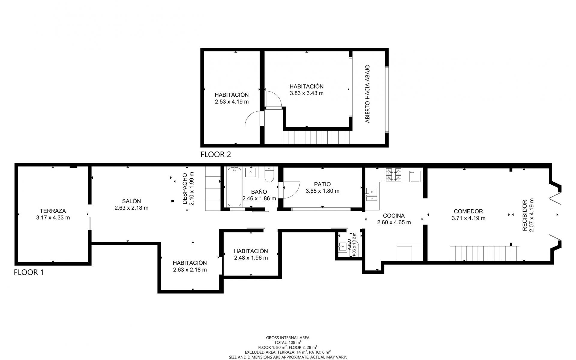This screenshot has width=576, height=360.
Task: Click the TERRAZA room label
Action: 53,211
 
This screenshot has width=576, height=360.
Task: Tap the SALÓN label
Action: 131,201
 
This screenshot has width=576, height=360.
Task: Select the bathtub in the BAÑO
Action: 234,187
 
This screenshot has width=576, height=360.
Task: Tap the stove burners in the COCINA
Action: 394,175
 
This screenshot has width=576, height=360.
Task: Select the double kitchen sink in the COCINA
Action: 372,195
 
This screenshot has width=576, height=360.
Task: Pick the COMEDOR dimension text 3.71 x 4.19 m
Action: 468,218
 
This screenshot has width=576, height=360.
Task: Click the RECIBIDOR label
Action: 525,216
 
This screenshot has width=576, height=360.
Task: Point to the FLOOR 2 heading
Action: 216,155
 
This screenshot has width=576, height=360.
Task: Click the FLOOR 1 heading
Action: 29,273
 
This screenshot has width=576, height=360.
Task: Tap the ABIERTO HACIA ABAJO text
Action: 367,94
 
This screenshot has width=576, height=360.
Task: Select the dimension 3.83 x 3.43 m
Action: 307,93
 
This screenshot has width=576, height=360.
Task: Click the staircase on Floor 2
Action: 316,138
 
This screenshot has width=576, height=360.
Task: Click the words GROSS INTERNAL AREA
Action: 288,337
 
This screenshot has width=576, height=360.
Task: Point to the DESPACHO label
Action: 185,189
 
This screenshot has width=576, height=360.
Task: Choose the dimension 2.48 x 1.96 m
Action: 251,258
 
